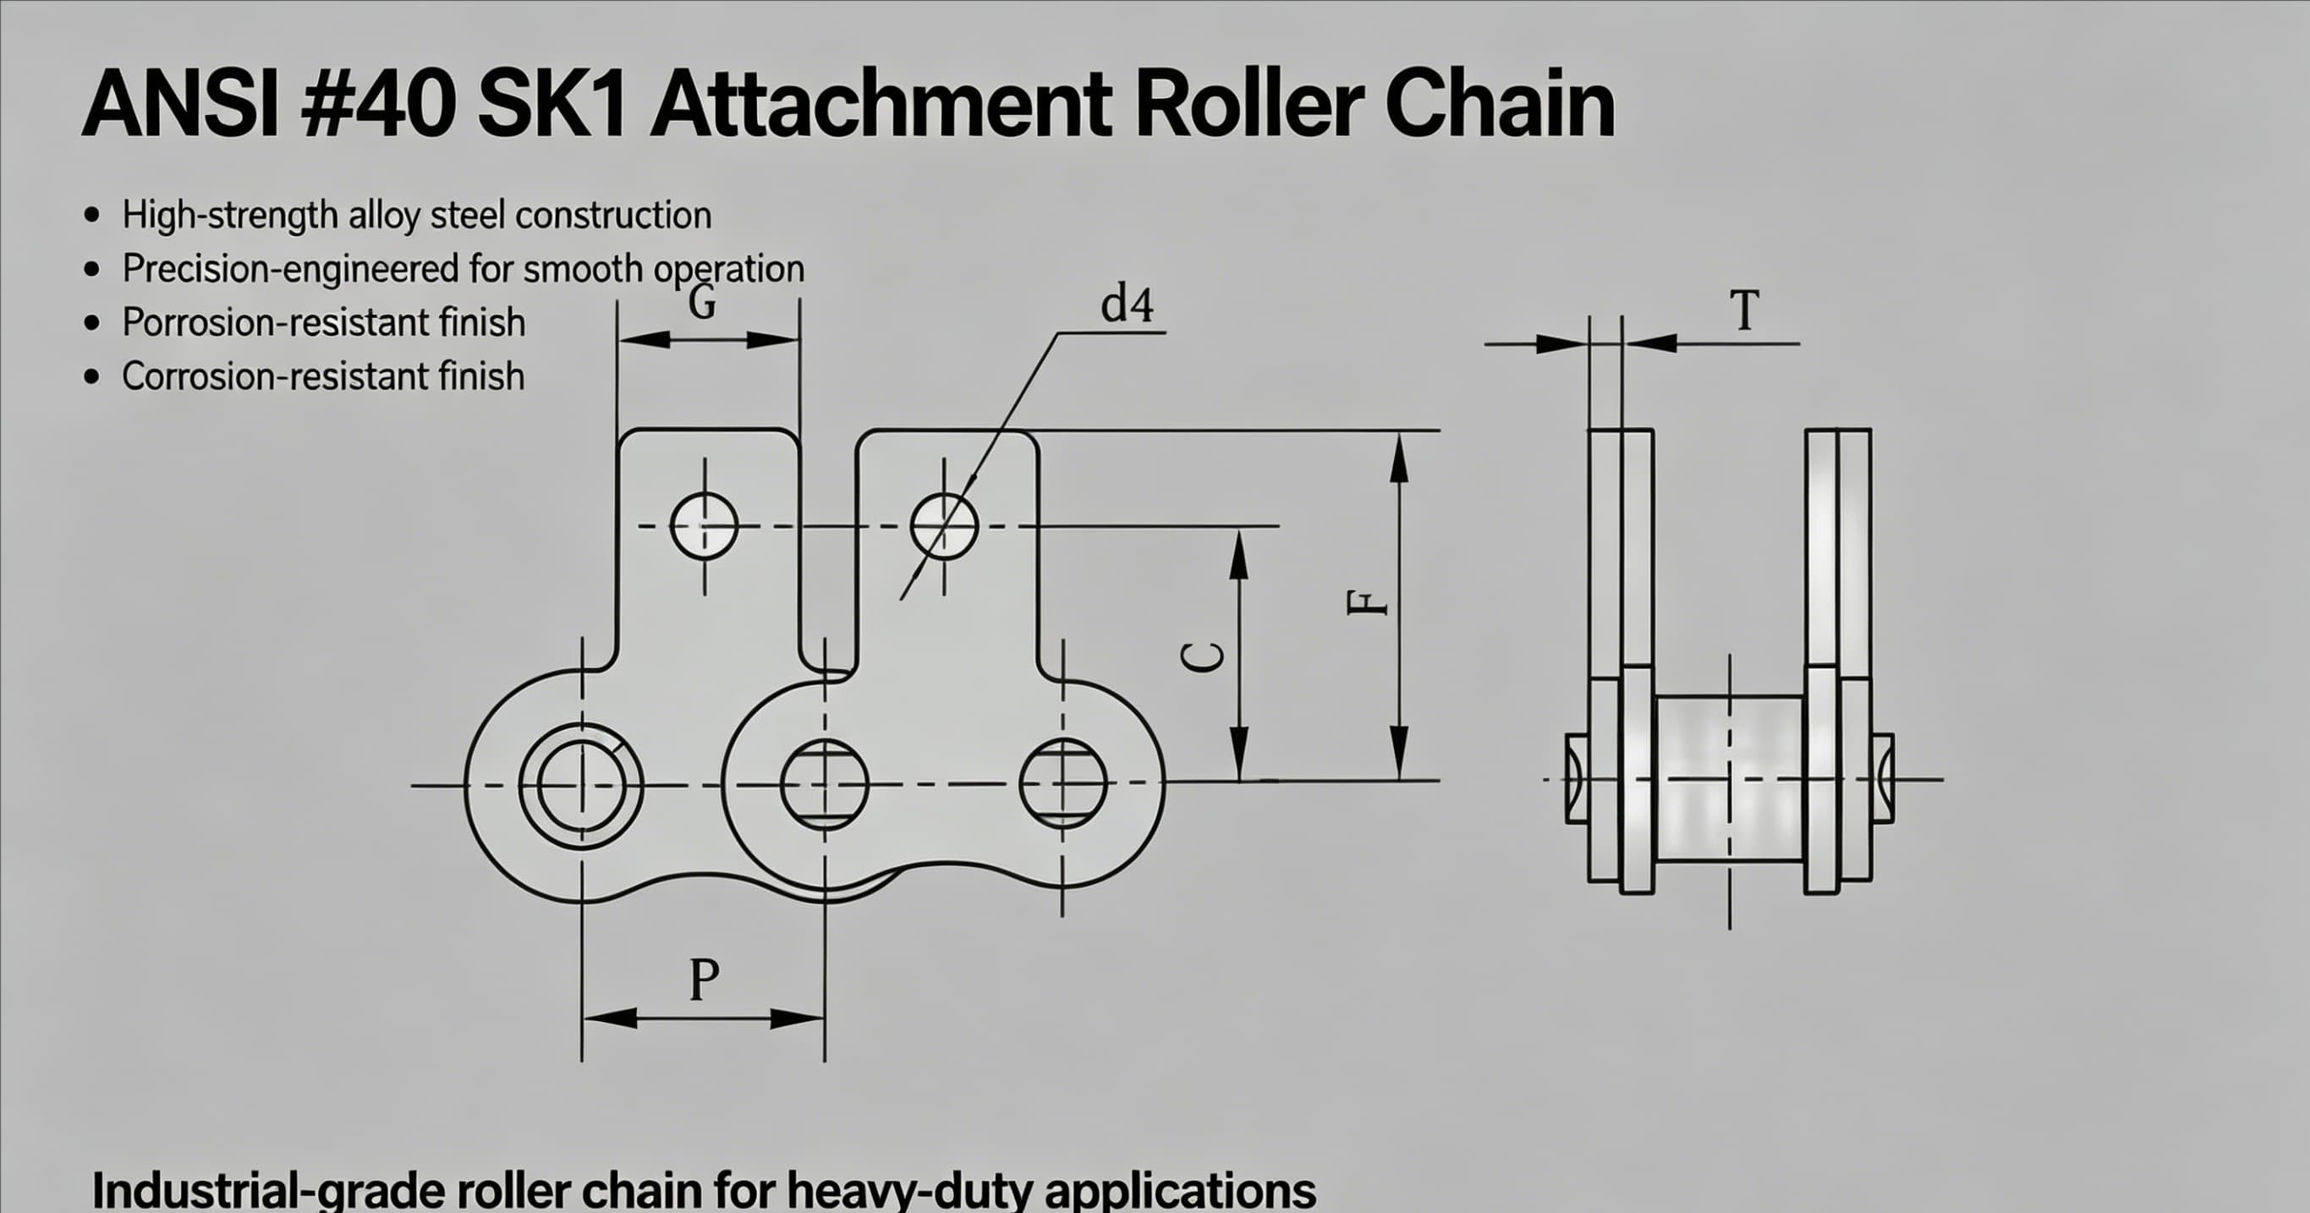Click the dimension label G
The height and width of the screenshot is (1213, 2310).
pos(702,302)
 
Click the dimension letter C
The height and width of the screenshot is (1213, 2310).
pos(1203,657)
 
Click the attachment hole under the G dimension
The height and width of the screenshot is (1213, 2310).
pos(705,526)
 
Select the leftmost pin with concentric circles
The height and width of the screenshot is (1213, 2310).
pos(581,785)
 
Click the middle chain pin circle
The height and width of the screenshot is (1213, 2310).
pos(825,783)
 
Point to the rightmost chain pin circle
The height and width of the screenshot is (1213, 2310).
pos(1062,783)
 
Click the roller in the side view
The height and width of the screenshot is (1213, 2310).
pos(1729,778)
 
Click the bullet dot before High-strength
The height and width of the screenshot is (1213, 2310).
pos(91,215)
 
